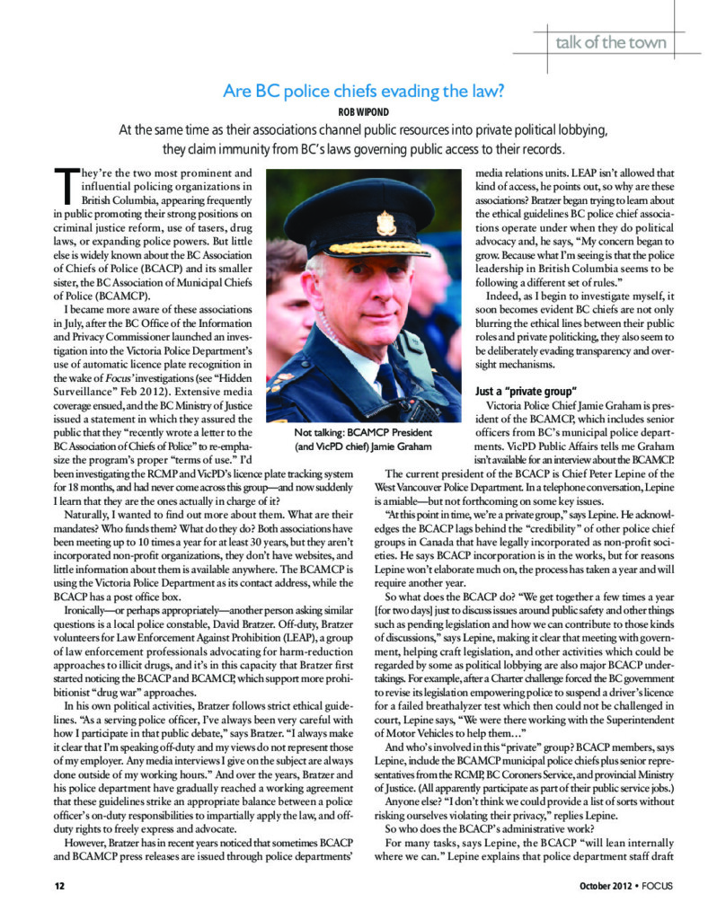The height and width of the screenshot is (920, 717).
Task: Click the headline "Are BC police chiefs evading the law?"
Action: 358,90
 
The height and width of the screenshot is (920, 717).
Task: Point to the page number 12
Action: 35,889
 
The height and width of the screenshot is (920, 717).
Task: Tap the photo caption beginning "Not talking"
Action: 363,438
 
